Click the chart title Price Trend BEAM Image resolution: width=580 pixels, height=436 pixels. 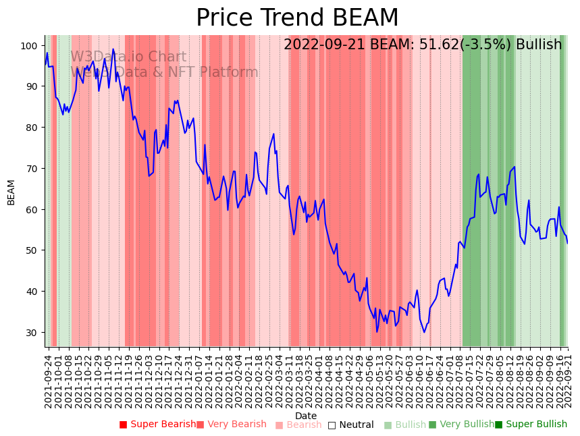click(297, 18)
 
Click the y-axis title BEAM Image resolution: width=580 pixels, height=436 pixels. click(11, 192)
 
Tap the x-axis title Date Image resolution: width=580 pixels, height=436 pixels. click(306, 416)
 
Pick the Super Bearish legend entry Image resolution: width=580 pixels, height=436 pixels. click(157, 425)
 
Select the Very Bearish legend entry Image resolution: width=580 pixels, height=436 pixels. click(232, 425)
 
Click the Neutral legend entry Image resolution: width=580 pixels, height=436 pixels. click(350, 425)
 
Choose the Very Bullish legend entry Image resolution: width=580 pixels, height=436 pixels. click(461, 425)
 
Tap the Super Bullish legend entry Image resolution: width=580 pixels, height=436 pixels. click(531, 425)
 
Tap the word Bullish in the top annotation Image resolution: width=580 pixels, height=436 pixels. click(539, 45)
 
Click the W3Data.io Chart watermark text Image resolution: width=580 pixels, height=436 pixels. click(128, 57)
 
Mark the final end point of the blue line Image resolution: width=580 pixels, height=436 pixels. click(567, 243)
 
